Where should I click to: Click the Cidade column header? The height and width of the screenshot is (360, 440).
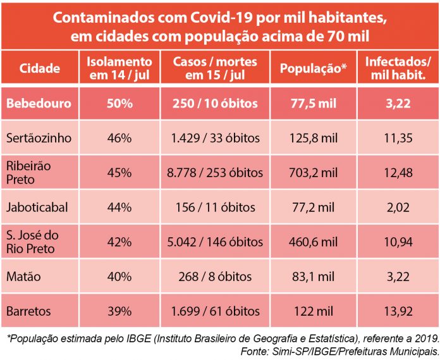[x=39, y=68]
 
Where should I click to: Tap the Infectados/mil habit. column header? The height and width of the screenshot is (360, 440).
[x=398, y=68]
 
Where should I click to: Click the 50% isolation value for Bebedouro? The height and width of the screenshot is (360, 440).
[x=119, y=102]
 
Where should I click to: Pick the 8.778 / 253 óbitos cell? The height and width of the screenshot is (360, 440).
[x=216, y=172]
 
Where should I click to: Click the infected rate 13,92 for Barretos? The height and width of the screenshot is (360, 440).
[x=398, y=311]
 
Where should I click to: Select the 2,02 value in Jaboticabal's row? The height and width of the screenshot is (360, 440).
[x=398, y=207]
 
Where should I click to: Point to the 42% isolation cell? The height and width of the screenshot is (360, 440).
[x=119, y=242]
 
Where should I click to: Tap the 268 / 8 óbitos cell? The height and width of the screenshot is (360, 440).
[x=216, y=276]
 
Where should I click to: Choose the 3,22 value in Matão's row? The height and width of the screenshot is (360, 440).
[x=398, y=276]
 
